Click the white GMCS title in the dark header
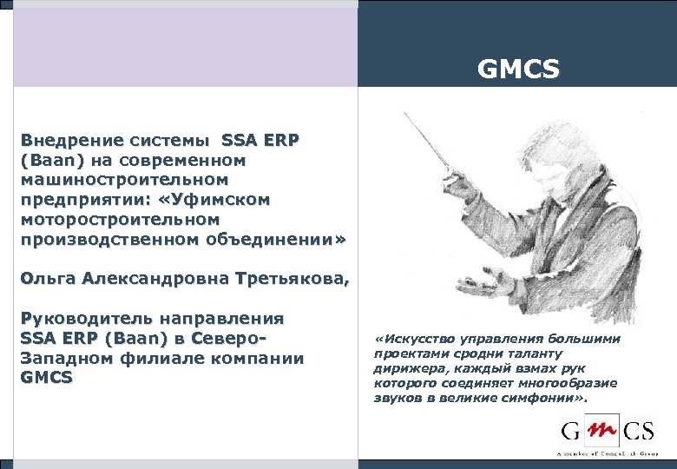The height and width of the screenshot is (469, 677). (518, 68)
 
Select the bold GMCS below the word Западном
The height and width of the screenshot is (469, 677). (47, 378)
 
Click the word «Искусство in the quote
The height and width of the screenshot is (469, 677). (415, 339)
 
